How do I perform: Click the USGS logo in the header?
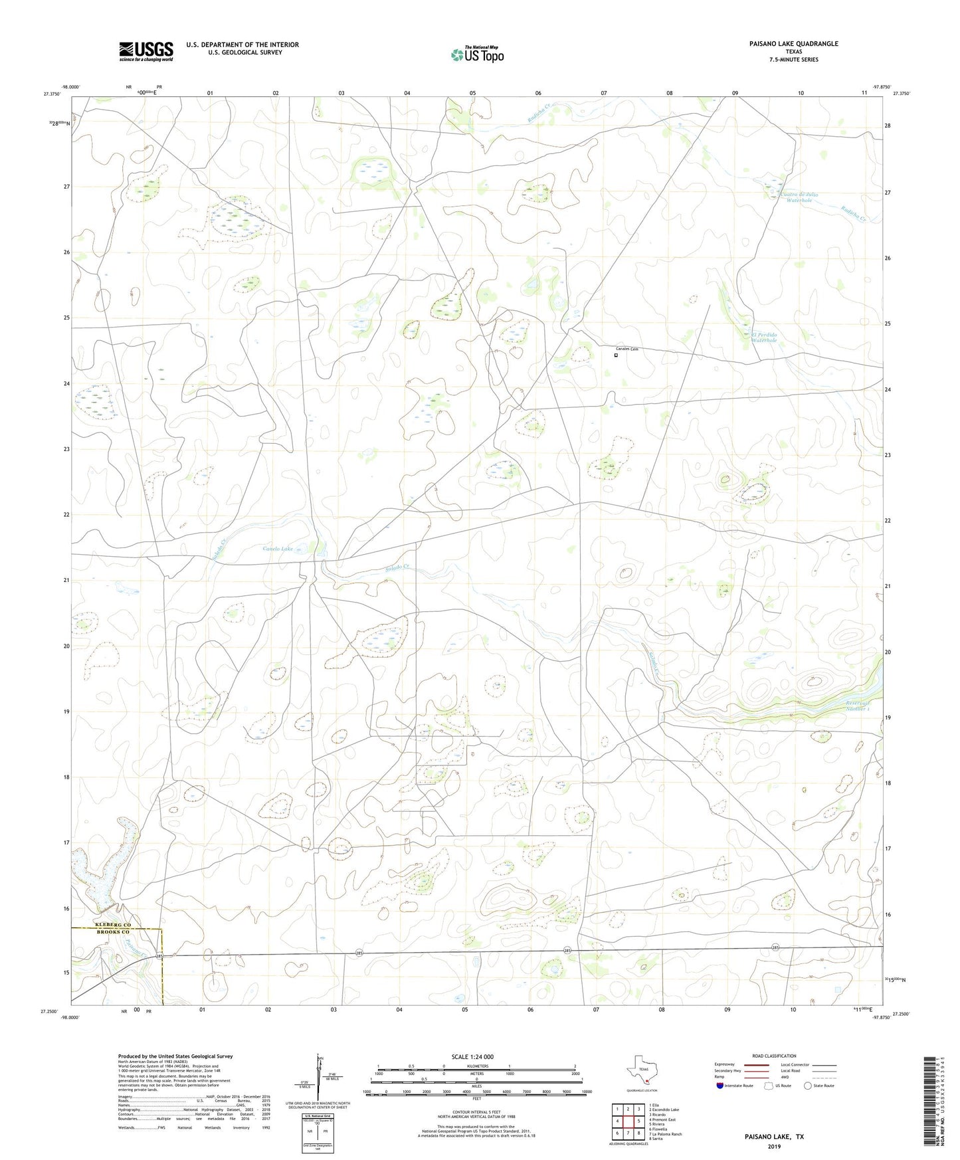[146, 51]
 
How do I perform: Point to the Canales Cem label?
[626, 349]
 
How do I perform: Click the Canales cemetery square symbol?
[616, 355]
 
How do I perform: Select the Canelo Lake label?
[278, 549]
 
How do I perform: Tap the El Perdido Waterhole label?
[768, 338]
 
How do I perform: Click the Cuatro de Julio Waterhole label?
[799, 197]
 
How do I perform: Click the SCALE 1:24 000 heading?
[472, 1056]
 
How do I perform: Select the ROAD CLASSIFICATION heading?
[774, 1056]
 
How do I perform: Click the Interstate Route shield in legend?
[720, 1086]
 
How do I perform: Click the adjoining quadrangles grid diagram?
[627, 1121]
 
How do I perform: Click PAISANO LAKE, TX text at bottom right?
[774, 1137]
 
